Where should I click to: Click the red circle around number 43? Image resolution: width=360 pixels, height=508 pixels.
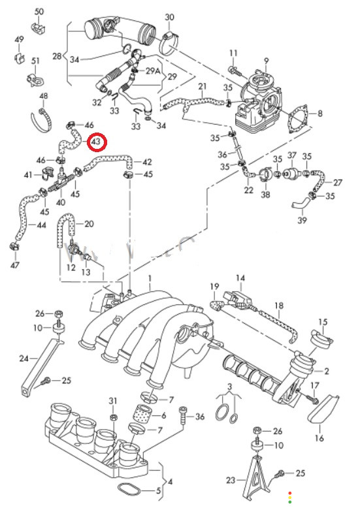[97, 142]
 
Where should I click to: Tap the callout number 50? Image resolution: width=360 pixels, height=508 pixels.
[39, 12]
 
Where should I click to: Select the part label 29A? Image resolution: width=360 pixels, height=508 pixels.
[153, 71]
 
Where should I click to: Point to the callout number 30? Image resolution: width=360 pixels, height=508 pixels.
[170, 17]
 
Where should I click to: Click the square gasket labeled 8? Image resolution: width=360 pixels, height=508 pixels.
[297, 119]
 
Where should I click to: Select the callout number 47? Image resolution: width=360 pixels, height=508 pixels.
[15, 265]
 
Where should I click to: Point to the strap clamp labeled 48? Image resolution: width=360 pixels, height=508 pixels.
[42, 121]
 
